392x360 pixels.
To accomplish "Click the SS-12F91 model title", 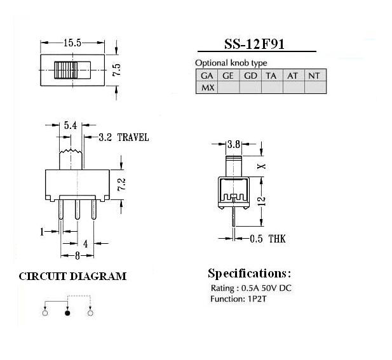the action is coord(254,44).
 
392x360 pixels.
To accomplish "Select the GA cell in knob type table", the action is coord(206,76).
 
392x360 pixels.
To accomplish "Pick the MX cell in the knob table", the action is coord(208,88).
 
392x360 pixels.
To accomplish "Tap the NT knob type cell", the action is coord(314,76).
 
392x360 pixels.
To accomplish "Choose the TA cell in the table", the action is coord(271,76).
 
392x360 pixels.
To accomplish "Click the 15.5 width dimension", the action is coord(72,43).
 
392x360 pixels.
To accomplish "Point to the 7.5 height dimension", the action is coord(117,70).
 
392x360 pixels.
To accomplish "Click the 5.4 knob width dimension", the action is coord(71,125).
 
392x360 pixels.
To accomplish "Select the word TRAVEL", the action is coord(133,137).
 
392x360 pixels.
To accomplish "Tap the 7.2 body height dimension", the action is coord(122,184).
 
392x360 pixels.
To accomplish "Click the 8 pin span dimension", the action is coord(78,256).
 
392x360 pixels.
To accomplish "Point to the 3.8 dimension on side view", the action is coord(234,144).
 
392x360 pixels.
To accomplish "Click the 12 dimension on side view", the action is coord(262,201).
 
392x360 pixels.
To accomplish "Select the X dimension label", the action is coord(262,166).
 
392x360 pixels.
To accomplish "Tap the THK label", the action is coord(277,239).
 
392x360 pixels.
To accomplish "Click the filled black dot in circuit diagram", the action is coord(67,313).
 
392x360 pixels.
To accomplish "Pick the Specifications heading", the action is coord(249,274).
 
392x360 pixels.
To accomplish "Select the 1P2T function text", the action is coord(257,299).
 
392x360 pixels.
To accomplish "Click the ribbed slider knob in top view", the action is coord(66,70).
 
